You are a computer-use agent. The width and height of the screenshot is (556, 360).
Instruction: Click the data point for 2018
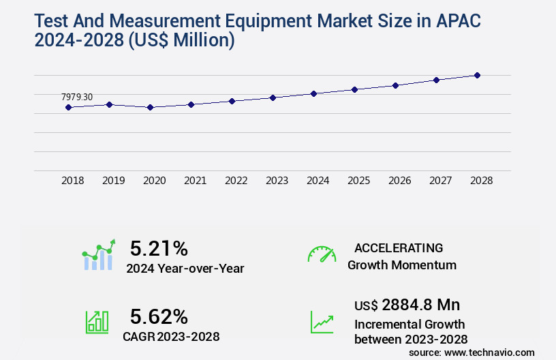coord(68,107)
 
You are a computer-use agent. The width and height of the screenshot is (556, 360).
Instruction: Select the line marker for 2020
coord(150,107)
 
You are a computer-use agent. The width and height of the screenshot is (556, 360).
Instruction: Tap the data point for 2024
coord(313,93)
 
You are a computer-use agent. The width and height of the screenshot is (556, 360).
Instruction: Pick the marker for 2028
coord(477,75)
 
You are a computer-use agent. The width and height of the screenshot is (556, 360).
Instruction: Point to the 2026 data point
coord(395,85)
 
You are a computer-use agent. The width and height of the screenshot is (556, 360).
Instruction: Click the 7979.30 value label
coord(76,97)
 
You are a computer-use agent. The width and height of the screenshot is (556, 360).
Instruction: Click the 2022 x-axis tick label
coord(236,181)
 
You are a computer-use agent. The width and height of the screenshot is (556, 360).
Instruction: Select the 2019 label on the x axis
coord(113,181)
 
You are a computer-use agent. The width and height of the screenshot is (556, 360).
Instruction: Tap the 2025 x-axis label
coord(358,181)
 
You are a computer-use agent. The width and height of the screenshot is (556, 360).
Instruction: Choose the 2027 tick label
coord(440,181)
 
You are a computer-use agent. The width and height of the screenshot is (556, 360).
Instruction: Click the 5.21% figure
coord(159,248)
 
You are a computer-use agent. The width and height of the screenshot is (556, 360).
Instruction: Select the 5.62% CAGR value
coord(159,316)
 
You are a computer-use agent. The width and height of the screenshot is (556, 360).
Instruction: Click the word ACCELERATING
coord(399,247)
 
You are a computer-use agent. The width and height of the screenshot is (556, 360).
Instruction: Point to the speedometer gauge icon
coord(322,254)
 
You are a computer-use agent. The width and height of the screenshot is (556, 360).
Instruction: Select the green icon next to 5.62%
coord(97,322)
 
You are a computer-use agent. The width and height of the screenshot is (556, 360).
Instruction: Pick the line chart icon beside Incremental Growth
coord(322,322)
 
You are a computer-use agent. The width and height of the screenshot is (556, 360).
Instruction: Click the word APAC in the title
coord(452,21)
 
